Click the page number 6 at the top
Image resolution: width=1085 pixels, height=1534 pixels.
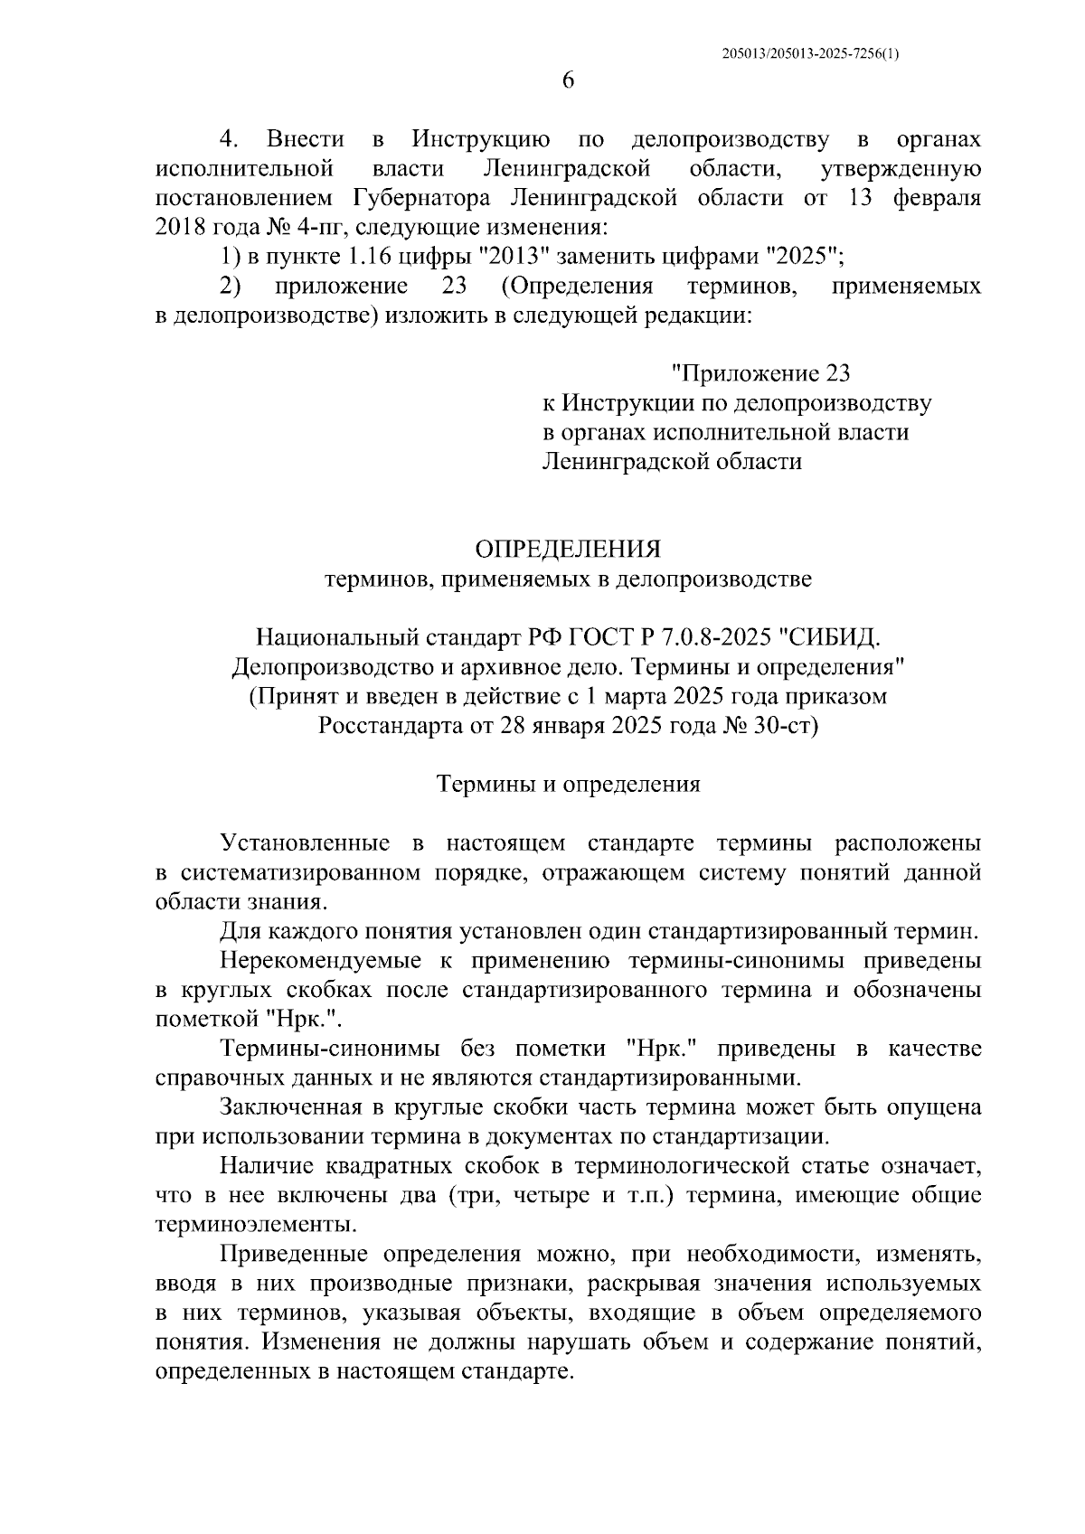(x=568, y=80)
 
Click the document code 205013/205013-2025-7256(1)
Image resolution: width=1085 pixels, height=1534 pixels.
(x=811, y=53)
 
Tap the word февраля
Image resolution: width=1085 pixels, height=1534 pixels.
(x=937, y=198)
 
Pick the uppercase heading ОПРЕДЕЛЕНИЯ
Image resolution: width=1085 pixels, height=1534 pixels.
(x=568, y=550)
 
